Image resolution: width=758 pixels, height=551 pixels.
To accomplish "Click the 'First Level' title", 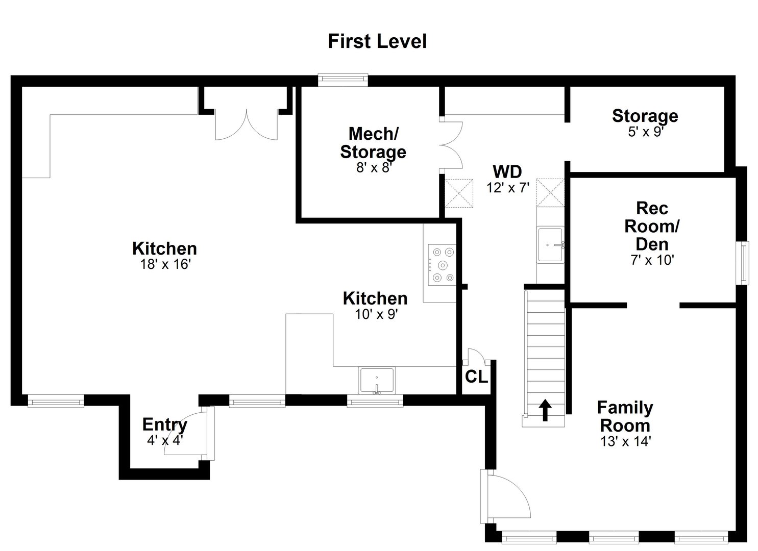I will (x=377, y=41).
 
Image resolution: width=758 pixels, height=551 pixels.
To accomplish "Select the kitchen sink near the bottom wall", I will (x=377, y=381).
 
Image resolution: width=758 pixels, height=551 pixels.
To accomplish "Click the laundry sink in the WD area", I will (x=550, y=245).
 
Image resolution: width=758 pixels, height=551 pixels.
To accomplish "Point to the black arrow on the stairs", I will (x=545, y=410).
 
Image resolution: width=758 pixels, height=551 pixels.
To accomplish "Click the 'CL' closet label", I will (x=476, y=377).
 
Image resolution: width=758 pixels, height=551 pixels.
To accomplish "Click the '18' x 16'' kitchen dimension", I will (x=164, y=265).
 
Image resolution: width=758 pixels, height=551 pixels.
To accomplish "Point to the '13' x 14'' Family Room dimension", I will (x=625, y=441).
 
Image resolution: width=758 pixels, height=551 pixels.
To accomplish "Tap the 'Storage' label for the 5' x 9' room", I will (x=645, y=116).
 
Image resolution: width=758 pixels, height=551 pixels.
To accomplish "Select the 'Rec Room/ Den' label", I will (x=652, y=226).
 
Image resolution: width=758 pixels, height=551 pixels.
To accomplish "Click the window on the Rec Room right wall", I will (x=744, y=262).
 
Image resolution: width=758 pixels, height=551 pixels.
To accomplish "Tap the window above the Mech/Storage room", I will (x=343, y=79).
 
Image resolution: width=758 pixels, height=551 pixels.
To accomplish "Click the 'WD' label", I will (x=507, y=171).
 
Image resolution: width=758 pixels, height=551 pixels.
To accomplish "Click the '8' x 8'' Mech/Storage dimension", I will (x=373, y=167).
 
